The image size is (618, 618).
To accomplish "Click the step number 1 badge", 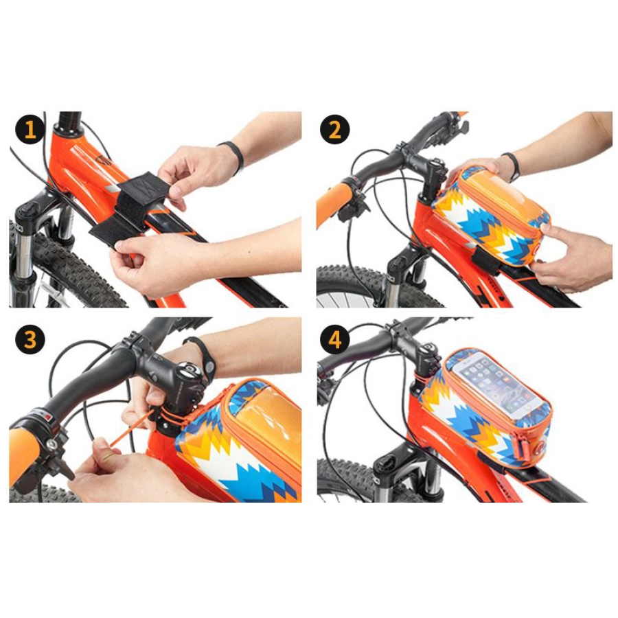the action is pyautogui.click(x=30, y=129).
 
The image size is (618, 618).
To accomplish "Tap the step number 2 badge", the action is pyautogui.click(x=334, y=129).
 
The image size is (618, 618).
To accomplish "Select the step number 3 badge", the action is pyautogui.click(x=30, y=339).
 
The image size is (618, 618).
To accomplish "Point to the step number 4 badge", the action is pyautogui.click(x=334, y=339).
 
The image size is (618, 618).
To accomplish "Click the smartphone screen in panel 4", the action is pyautogui.click(x=498, y=385).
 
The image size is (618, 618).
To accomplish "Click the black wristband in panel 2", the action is pyautogui.click(x=512, y=166).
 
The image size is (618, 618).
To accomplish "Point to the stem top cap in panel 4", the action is pyautogui.click(x=428, y=350).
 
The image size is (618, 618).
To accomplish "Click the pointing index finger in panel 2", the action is pyautogui.click(x=556, y=232).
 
